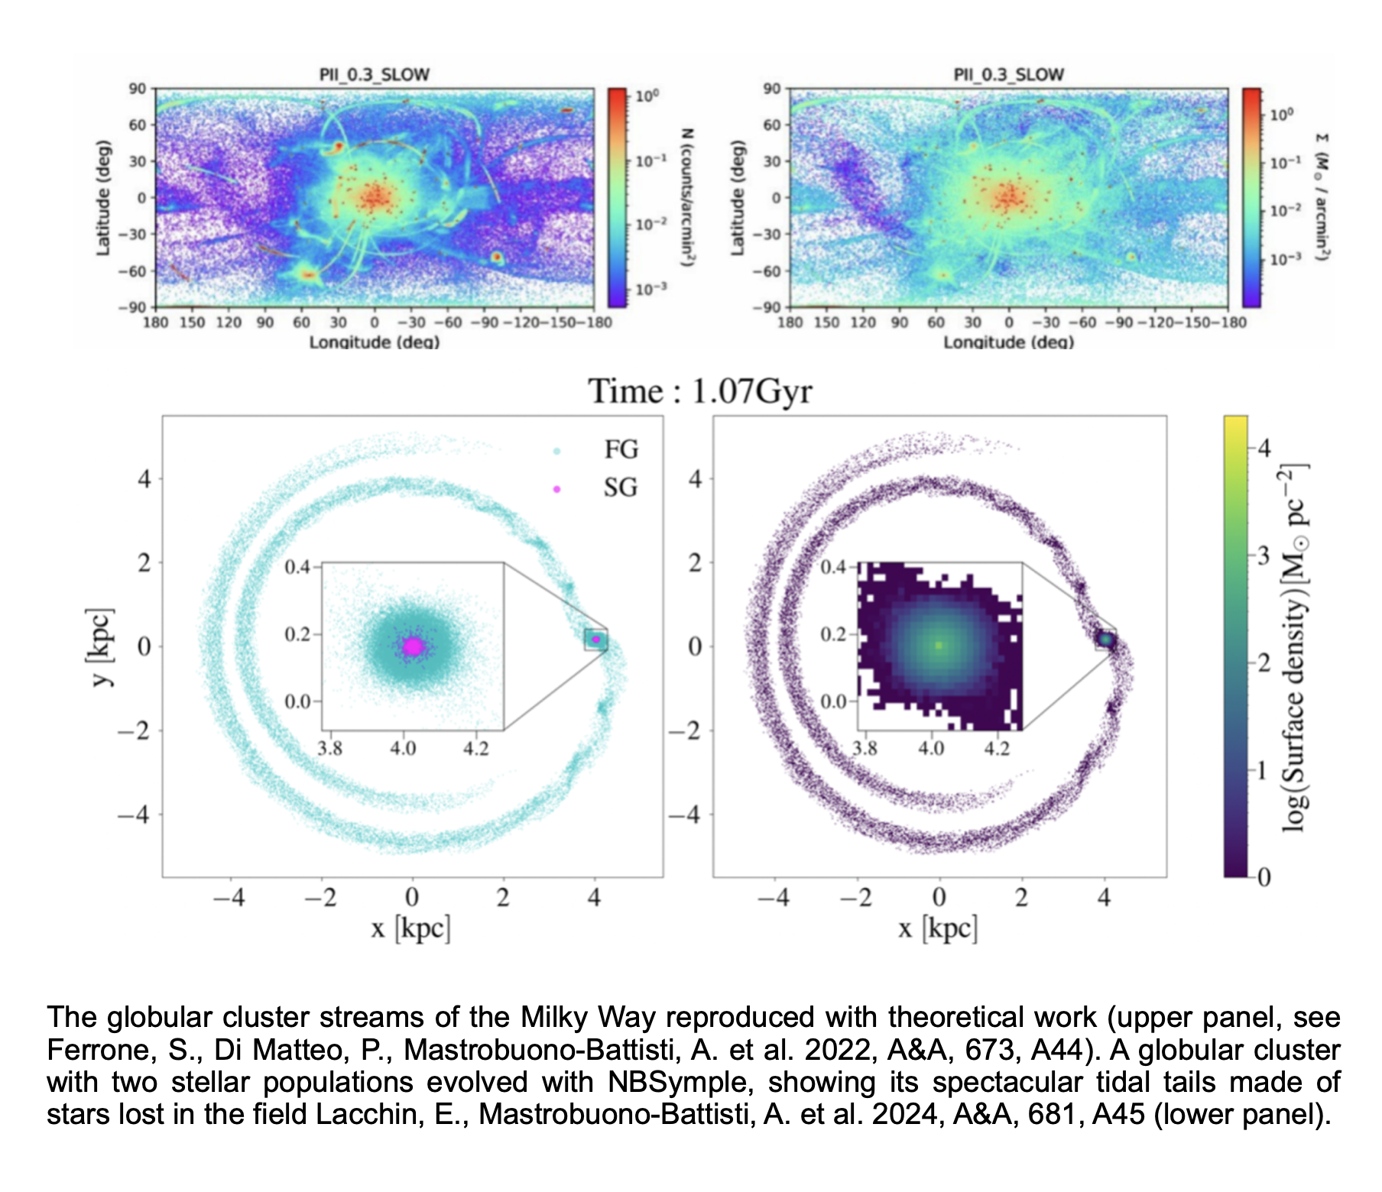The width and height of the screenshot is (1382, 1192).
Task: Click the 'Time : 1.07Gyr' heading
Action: (699, 391)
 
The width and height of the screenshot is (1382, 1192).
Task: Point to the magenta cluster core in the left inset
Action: (413, 646)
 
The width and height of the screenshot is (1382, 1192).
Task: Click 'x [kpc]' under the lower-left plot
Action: (410, 928)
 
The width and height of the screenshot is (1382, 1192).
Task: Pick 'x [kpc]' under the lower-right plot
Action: (938, 928)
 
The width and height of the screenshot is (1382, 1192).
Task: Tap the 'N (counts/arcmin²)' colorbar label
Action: (687, 197)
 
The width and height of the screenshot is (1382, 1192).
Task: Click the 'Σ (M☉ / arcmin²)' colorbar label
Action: (1322, 197)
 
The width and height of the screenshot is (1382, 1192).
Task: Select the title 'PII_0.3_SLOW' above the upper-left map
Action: (375, 75)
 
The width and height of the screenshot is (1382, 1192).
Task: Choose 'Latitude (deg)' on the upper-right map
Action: (737, 197)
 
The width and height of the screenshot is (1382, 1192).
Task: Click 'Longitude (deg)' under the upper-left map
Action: (375, 342)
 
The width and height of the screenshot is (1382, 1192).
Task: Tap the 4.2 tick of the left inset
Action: (475, 747)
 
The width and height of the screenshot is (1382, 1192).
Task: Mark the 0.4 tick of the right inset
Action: (833, 567)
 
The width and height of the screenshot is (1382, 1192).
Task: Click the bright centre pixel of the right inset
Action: (939, 646)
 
